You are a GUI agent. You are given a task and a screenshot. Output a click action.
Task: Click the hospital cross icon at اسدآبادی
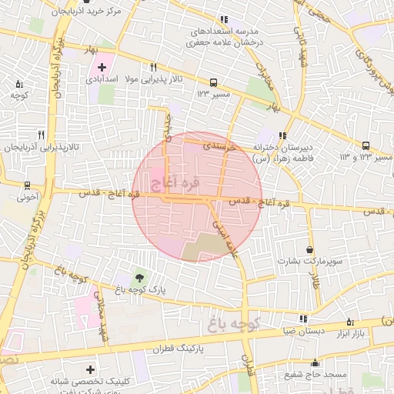click(x=102, y=67)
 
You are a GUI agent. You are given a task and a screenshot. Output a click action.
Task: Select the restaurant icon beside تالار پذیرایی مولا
click(x=153, y=67)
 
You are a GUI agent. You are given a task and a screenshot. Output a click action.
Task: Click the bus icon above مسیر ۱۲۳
click(x=213, y=82)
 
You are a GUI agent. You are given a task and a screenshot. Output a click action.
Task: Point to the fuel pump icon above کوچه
click(x=19, y=84)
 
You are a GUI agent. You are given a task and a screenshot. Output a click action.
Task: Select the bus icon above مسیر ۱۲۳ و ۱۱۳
click(x=366, y=145)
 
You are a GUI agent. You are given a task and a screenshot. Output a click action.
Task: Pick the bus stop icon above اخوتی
click(x=27, y=185)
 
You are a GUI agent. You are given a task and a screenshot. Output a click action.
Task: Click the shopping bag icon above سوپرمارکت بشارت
click(x=309, y=250)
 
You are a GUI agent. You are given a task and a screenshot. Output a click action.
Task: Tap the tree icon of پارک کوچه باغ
click(x=139, y=278)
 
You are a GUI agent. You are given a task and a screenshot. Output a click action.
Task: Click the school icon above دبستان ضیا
click(x=302, y=318)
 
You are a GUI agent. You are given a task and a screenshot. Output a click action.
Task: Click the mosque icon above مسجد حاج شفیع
click(x=314, y=363)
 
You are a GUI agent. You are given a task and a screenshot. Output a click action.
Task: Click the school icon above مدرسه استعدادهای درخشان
click(x=224, y=19)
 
